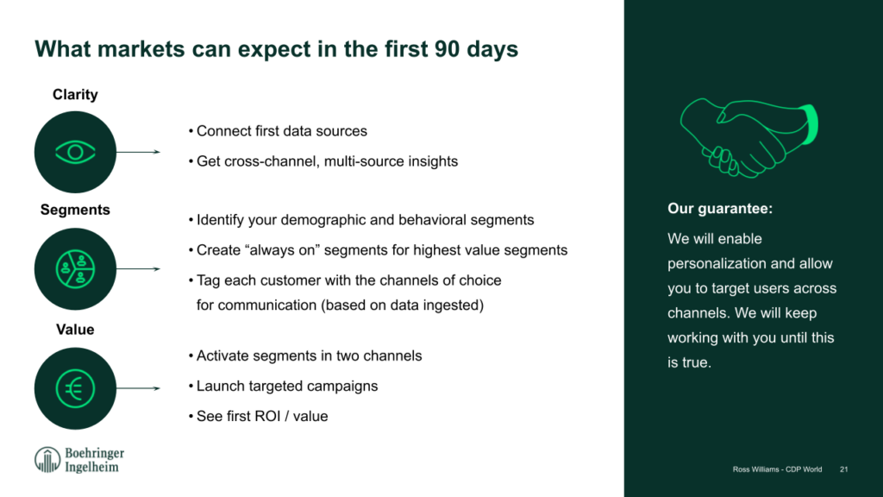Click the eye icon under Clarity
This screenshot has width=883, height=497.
point(75,152)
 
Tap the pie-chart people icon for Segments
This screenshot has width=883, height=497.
point(75,269)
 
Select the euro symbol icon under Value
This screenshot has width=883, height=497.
point(75,388)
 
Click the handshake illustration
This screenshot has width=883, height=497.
point(749,138)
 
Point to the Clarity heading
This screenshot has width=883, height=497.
point(75,95)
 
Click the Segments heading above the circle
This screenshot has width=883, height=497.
point(75,210)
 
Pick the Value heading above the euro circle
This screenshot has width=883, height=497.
point(75,330)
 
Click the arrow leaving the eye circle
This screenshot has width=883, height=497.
point(138,152)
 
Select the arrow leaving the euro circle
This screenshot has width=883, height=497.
point(138,388)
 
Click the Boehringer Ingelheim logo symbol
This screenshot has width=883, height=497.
point(47,460)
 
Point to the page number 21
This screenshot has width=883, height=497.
point(843,469)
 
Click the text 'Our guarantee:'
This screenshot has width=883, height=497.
point(720,209)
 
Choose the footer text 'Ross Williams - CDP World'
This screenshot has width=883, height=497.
point(777,469)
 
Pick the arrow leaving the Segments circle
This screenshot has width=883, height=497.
point(138,269)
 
